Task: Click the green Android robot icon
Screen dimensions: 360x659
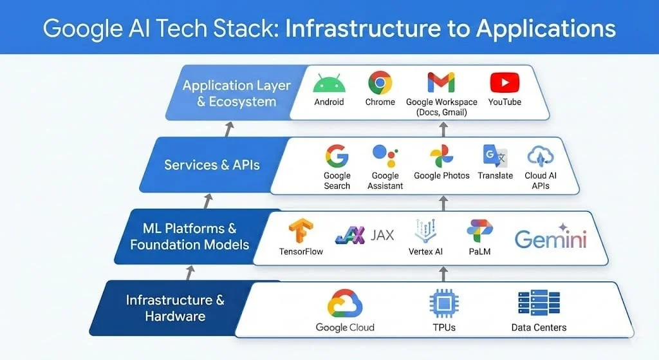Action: click(329, 84)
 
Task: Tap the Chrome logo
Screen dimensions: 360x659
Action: click(380, 83)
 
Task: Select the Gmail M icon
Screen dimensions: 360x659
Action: click(441, 82)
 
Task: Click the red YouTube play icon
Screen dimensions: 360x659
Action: click(505, 83)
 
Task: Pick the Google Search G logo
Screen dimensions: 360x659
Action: click(337, 156)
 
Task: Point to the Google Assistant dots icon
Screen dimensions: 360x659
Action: click(385, 156)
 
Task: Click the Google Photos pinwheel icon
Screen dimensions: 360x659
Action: click(441, 156)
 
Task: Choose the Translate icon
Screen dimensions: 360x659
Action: click(496, 156)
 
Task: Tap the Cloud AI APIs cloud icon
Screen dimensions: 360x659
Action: click(540, 156)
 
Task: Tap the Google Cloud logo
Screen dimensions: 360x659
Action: click(345, 303)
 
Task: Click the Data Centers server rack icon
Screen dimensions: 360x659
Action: click(539, 303)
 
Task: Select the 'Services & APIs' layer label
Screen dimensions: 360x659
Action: click(212, 165)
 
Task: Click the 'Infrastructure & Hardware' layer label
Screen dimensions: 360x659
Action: click(175, 308)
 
